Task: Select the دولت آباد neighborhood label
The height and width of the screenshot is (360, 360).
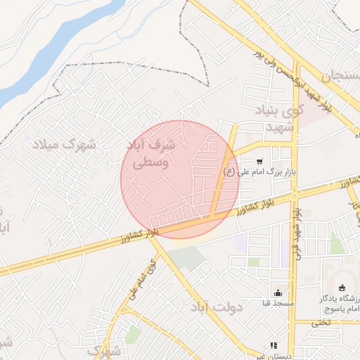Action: click(x=215, y=307)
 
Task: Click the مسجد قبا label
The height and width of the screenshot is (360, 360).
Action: click(x=278, y=304)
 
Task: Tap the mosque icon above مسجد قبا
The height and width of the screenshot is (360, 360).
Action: click(x=278, y=293)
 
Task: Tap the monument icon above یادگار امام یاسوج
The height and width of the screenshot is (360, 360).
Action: click(x=342, y=287)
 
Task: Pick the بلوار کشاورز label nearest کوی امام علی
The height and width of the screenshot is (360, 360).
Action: click(x=140, y=232)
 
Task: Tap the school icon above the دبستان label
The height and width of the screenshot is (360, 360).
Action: click(x=274, y=345)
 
